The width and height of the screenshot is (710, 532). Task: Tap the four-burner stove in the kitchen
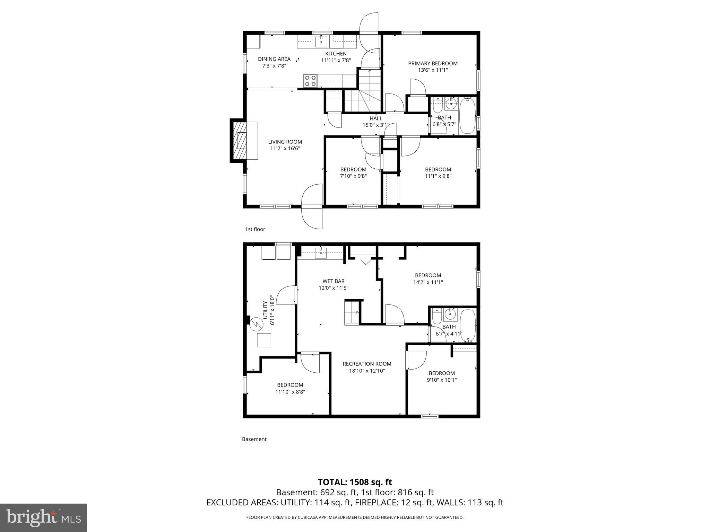click(x=310, y=80)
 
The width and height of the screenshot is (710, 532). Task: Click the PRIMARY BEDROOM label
click(x=433, y=63)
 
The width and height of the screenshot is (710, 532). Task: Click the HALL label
click(x=376, y=118)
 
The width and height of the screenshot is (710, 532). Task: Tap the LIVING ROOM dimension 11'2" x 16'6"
click(x=285, y=149)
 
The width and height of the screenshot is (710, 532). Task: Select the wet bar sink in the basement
click(x=321, y=253)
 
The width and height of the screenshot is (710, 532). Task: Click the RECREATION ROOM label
click(x=367, y=364)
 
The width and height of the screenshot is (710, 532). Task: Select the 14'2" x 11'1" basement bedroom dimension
click(x=428, y=282)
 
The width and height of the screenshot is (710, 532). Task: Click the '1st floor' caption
click(x=255, y=229)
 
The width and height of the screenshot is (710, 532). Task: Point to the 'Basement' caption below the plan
click(x=254, y=439)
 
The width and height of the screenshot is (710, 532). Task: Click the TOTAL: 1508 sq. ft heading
click(x=355, y=482)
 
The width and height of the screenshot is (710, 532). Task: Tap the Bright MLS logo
click(x=43, y=517)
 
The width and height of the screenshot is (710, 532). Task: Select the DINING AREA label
click(x=274, y=59)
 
